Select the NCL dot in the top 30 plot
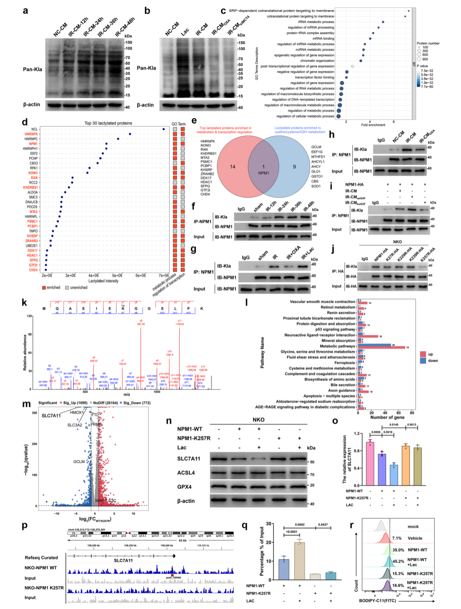click(164, 129)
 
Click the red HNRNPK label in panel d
click(31, 134)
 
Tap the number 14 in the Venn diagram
click(233, 166)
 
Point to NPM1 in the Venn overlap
click(264, 173)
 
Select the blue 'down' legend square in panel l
click(423, 361)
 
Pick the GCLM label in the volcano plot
click(79, 461)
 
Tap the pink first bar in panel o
click(370, 463)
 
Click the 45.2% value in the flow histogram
click(398, 561)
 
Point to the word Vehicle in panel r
click(415, 538)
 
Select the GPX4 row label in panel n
click(184, 487)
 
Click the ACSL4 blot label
click(186, 473)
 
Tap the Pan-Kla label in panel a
click(33, 70)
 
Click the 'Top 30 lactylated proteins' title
click(108, 123)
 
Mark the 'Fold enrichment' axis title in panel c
click(373, 125)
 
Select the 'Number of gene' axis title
click(387, 417)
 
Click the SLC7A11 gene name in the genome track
click(123, 560)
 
